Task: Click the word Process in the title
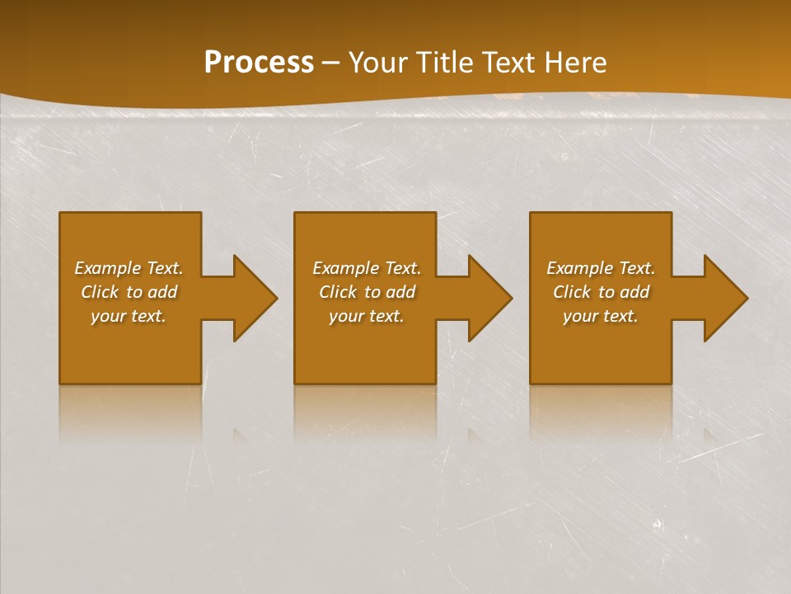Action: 259,63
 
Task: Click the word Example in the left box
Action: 107,268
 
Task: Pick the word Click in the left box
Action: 100,292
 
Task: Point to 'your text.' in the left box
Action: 129,316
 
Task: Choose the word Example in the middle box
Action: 345,268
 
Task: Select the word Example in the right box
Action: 579,268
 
